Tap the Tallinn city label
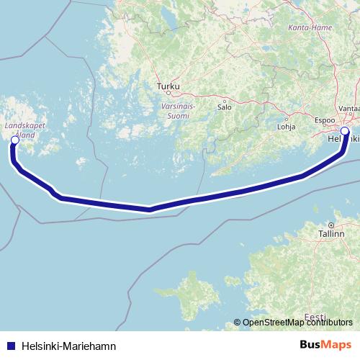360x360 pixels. tap(332, 234)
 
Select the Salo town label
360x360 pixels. tap(225, 109)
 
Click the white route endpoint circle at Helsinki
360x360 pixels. tap(345, 131)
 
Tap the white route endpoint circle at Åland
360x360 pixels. tap(14, 140)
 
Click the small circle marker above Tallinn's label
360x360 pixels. tap(332, 225)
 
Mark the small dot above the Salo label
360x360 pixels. tap(225, 101)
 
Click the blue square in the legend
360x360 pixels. tap(10, 346)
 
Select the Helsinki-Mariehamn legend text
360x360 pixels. tap(69, 346)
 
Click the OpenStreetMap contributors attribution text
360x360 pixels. tap(298, 322)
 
